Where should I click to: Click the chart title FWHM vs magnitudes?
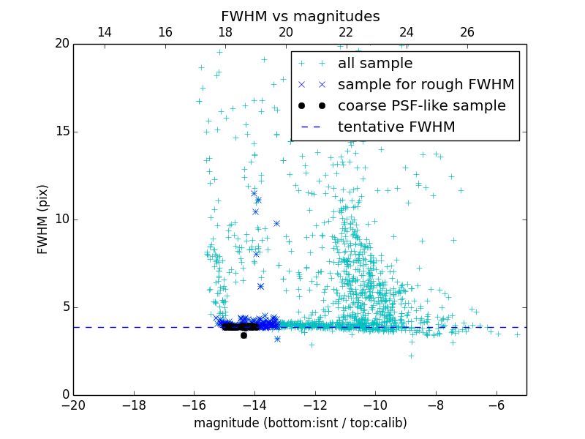click(300, 16)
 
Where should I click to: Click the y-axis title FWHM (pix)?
click(43, 219)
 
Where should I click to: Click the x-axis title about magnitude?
click(300, 423)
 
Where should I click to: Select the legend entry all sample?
click(375, 64)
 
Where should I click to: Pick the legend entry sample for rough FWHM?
click(426, 84)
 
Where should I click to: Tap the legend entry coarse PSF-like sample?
click(421, 105)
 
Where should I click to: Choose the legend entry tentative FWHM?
click(396, 127)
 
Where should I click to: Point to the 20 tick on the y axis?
click(61, 44)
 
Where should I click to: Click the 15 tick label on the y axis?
click(61, 132)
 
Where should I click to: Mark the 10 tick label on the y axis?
click(61, 219)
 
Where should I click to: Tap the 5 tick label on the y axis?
click(64, 307)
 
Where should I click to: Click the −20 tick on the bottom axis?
click(73, 405)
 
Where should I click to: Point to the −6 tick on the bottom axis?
click(497, 405)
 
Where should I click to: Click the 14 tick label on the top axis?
click(105, 32)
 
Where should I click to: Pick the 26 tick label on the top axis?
click(467, 32)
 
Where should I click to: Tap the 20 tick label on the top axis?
click(286, 32)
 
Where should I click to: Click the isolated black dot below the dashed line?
click(244, 335)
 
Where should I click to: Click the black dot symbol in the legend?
click(312, 105)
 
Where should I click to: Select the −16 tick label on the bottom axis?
click(194, 405)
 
